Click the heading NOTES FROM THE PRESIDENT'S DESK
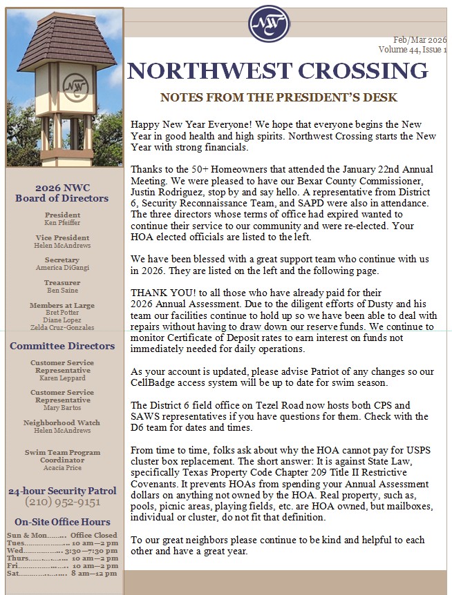tap(279, 97)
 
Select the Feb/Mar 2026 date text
tap(420, 41)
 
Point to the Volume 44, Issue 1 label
tap(413, 50)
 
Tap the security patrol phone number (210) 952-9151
tap(62, 502)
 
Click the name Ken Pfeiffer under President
tap(62, 222)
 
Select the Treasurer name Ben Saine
tap(62, 291)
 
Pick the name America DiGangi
tap(62, 268)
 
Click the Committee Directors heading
tap(62, 346)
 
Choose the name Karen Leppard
tap(62, 378)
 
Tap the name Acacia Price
tap(62, 467)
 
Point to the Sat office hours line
tap(62, 574)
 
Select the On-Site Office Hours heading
tap(62, 522)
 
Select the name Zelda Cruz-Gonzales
tap(62, 327)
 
